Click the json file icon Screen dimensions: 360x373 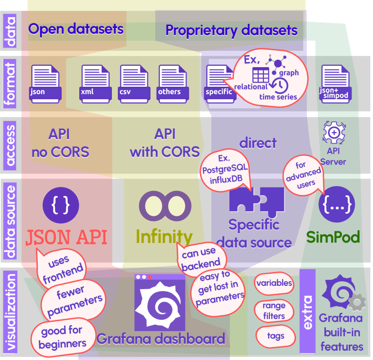tap(45, 83)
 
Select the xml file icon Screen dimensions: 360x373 tap(95, 83)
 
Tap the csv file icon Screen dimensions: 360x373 tap(134, 83)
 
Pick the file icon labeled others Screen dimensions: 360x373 tap(173, 83)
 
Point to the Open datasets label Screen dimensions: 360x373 tap(76, 29)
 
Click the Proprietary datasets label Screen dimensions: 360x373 tap(231, 31)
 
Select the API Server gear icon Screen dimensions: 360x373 tap(334, 133)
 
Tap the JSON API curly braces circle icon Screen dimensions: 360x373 tap(61, 204)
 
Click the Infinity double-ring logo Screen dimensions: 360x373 tap(165, 205)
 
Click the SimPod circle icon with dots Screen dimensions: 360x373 tap(337, 204)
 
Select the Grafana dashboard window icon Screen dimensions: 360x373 tap(159, 302)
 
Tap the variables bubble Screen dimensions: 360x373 tap(274, 283)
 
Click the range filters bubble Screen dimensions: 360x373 tap(274, 311)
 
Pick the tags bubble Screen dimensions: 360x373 tap(276, 336)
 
